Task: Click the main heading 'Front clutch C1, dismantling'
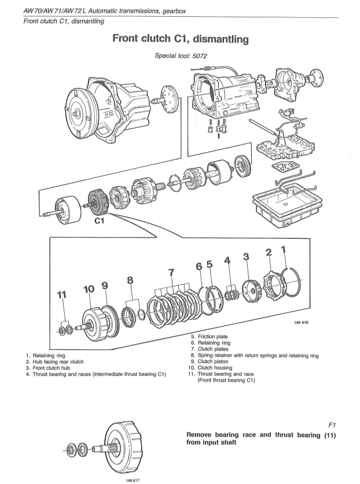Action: point(181,39)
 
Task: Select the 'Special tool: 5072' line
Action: point(181,57)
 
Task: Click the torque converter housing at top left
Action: point(98,111)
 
